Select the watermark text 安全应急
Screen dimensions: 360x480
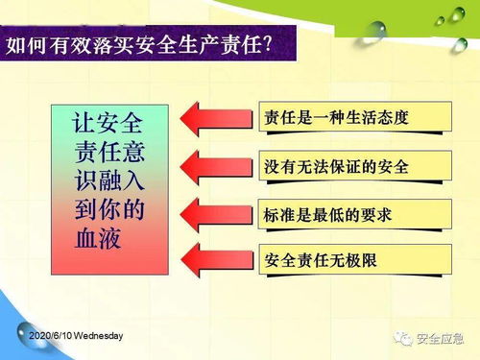(441, 339)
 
